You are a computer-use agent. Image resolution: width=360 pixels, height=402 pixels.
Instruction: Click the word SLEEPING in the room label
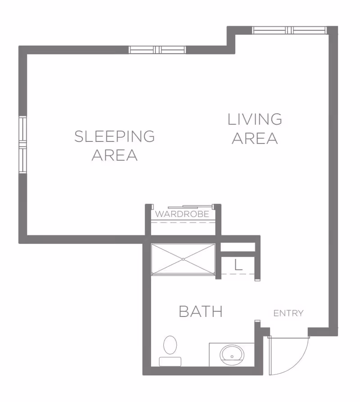[114, 136]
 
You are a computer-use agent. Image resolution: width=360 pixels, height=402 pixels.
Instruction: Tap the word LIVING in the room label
[255, 119]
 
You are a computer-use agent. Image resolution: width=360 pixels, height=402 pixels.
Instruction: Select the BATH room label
[201, 311]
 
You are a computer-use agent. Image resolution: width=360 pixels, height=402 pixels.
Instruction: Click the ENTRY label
[288, 313]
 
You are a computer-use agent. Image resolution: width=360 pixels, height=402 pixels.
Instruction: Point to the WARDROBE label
[182, 214]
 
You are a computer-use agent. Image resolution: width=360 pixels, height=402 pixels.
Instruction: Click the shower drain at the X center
[183, 259]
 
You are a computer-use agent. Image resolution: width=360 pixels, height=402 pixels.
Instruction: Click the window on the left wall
[22, 144]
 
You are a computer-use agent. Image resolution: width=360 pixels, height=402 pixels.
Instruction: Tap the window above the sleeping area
[157, 50]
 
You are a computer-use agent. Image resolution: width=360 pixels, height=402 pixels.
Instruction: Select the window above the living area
[289, 31]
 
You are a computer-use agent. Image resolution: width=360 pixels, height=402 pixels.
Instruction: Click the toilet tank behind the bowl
[170, 361]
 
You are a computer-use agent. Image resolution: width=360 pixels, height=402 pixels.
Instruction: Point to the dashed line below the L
[238, 274]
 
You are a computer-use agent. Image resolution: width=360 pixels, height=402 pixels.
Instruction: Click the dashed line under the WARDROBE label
[182, 221]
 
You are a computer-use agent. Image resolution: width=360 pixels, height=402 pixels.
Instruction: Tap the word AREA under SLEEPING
[114, 155]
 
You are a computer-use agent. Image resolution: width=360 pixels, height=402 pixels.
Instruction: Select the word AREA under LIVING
[255, 138]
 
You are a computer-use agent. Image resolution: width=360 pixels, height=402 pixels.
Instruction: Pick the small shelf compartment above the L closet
[238, 247]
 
